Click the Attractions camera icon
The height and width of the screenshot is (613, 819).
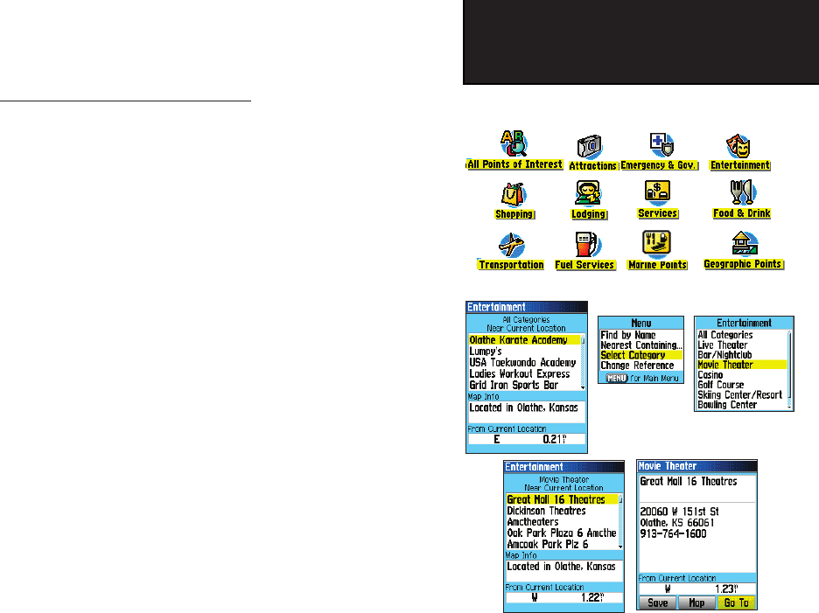point(588,147)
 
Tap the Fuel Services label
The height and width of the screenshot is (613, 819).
point(584,265)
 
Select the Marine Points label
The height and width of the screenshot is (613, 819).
point(657,265)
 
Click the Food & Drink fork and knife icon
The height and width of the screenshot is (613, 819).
point(742,193)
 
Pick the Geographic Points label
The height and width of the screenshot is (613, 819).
point(743,264)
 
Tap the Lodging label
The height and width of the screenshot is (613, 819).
point(588,214)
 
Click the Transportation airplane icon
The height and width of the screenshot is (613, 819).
point(510,246)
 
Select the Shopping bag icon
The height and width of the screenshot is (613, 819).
point(513,193)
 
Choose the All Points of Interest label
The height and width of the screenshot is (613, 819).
point(514,164)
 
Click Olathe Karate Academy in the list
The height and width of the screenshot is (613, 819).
point(518,340)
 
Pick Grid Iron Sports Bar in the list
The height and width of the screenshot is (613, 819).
point(514,386)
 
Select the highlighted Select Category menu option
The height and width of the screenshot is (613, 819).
point(633,355)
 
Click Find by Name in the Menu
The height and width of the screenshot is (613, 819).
point(628,335)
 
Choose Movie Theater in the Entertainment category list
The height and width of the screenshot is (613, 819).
point(725,365)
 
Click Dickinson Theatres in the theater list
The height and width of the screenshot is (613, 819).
point(547,511)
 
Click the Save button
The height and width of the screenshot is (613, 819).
point(656,603)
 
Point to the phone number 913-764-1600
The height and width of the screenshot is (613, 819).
point(672,533)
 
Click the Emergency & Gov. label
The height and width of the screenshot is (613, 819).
point(659,166)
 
